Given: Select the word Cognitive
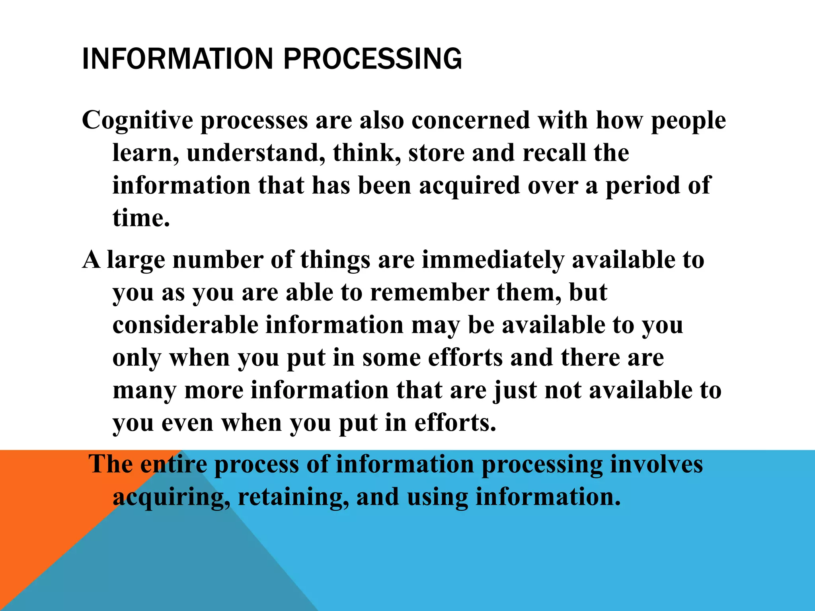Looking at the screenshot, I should pos(137,120).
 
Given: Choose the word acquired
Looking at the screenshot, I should pos(470,186).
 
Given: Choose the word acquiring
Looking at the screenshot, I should pos(172,497).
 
